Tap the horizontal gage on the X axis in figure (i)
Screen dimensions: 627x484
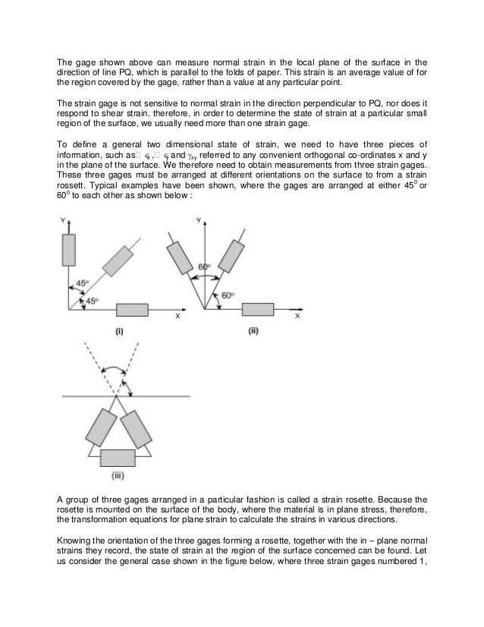[133, 310]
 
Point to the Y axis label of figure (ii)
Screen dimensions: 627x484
[200, 220]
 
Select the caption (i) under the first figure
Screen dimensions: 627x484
[120, 331]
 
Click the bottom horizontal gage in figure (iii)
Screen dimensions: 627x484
[117, 458]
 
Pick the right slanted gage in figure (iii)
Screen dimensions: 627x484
[135, 427]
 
